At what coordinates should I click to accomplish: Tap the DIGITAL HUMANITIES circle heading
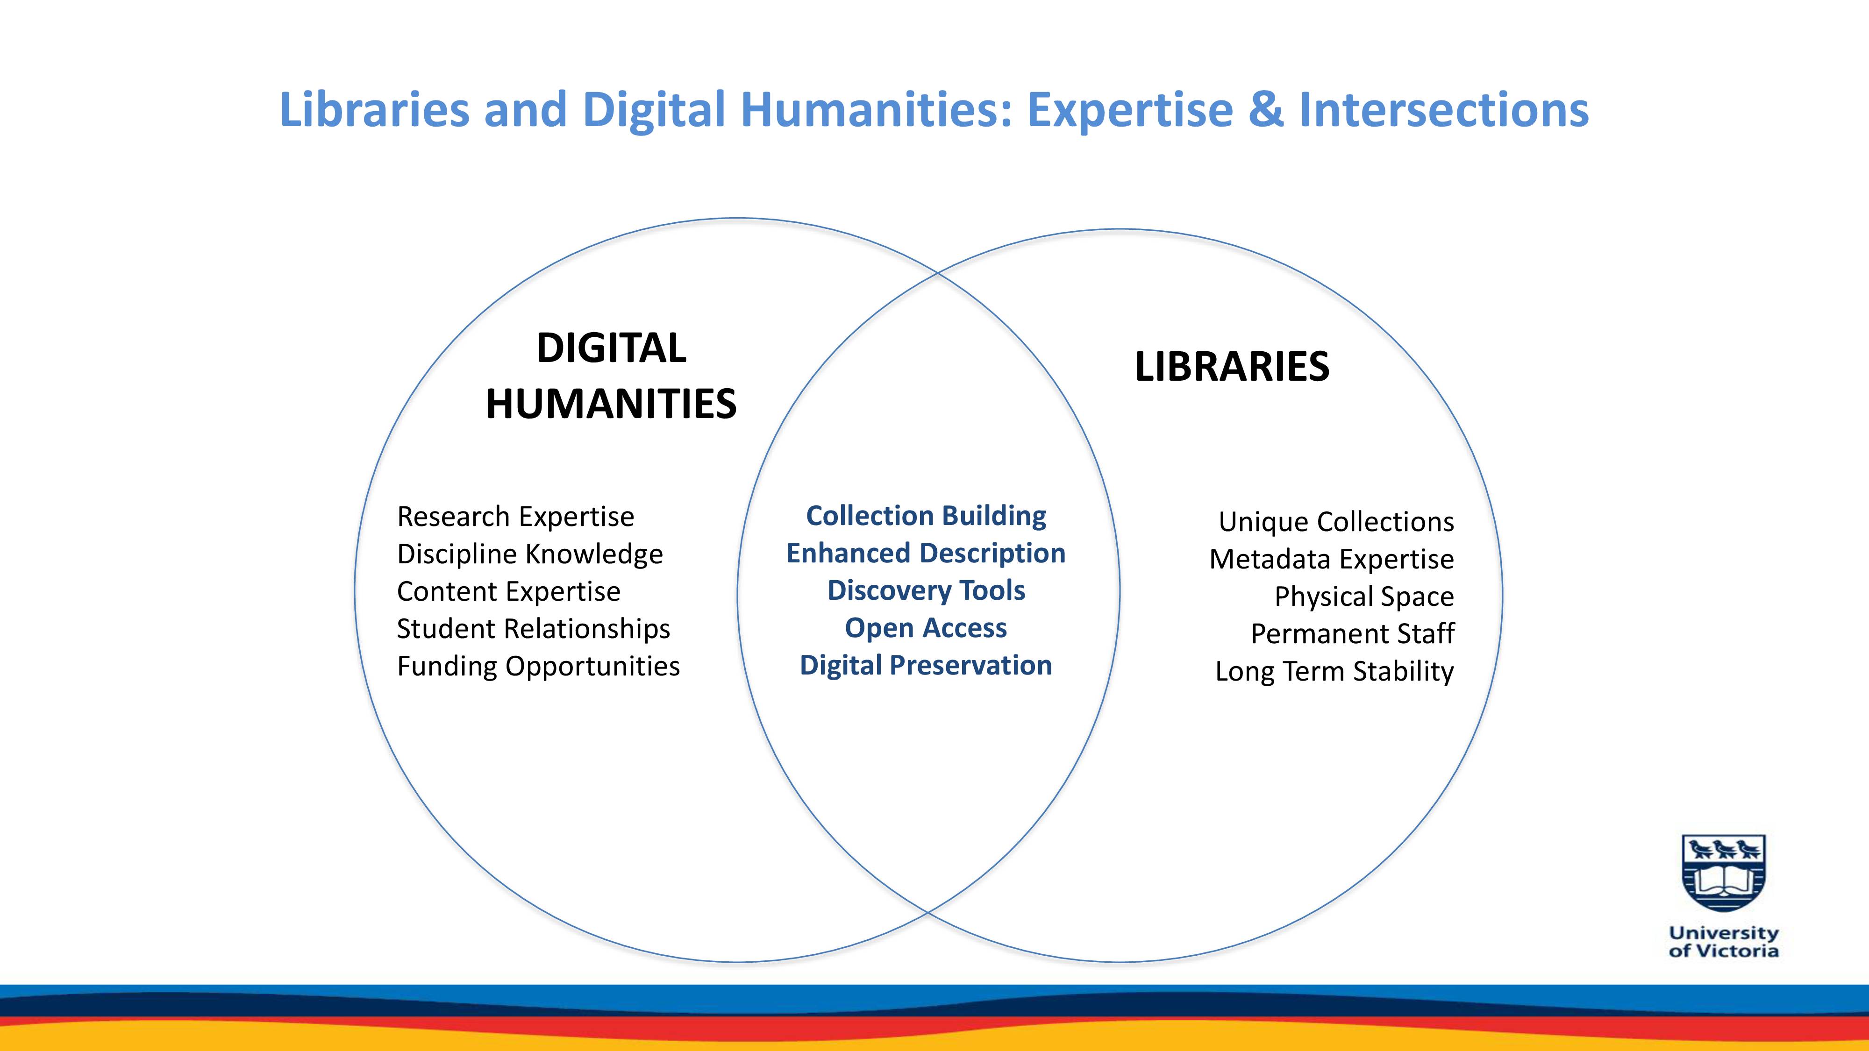[611, 375]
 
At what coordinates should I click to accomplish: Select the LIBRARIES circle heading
[1232, 366]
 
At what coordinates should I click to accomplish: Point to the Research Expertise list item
[515, 517]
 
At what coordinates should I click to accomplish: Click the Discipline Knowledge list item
[530, 554]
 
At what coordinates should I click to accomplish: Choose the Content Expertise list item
[509, 591]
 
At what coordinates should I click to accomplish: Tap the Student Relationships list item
[533, 629]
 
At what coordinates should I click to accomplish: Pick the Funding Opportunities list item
[538, 666]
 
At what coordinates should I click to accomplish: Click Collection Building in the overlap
[926, 516]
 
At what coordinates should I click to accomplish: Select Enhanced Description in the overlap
[926, 554]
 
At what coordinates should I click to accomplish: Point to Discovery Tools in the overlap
[926, 590]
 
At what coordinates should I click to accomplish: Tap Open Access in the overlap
[926, 628]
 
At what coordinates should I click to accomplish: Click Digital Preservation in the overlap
[926, 665]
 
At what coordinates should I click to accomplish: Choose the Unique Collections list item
[1336, 521]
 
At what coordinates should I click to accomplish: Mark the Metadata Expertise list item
[1331, 559]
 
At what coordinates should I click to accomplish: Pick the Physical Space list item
[1364, 596]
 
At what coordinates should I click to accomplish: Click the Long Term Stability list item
[1334, 671]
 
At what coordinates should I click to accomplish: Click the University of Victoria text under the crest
[1724, 942]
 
